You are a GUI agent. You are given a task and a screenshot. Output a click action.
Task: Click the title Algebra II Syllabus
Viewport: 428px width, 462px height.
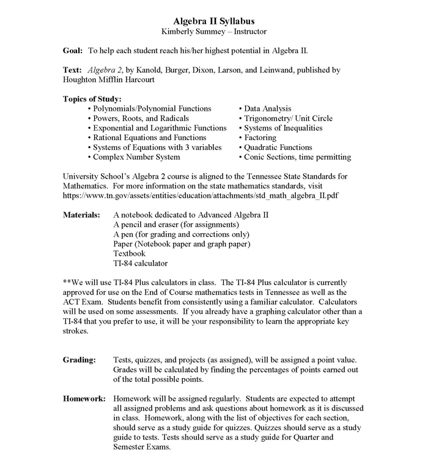point(214,20)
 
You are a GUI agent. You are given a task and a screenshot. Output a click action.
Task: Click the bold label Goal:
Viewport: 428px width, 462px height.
point(73,51)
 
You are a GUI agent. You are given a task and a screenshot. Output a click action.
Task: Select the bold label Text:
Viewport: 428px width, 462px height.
point(73,70)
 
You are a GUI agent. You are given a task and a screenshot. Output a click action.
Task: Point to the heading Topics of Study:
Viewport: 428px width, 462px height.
point(92,99)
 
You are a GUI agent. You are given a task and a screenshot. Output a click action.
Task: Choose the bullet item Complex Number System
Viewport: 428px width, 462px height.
point(136,157)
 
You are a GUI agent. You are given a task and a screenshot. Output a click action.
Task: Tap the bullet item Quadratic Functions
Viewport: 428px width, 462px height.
point(278,147)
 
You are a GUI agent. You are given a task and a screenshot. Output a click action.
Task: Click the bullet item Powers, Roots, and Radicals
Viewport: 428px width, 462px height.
point(141,118)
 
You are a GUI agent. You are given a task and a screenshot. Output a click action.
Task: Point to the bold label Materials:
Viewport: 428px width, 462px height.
point(81,215)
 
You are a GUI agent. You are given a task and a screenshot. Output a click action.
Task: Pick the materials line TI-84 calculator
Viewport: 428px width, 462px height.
point(140,263)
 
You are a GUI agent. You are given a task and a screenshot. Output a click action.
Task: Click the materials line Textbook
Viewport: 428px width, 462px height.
point(130,253)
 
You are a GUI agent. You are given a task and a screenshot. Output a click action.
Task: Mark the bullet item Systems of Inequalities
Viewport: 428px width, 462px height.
point(283,128)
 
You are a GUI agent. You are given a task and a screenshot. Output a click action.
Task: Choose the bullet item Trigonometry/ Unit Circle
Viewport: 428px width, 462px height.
point(288,118)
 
